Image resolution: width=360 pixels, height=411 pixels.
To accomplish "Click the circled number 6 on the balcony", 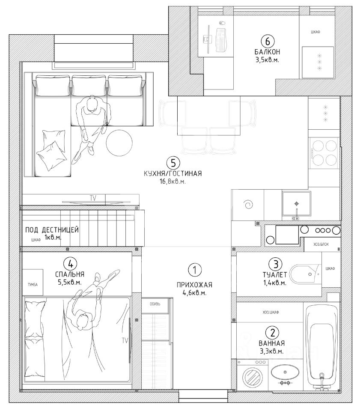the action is pyautogui.click(x=267, y=42).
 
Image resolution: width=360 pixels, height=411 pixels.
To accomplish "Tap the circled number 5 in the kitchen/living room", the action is pyautogui.click(x=173, y=163).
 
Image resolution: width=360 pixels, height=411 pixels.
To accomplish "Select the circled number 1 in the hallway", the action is pyautogui.click(x=194, y=270).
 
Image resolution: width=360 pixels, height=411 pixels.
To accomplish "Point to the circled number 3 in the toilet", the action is pyautogui.click(x=276, y=264).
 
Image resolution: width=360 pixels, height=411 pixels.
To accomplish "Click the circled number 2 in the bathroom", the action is pyautogui.click(x=272, y=333).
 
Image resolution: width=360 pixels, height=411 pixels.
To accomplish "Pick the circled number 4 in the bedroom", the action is pyautogui.click(x=70, y=264).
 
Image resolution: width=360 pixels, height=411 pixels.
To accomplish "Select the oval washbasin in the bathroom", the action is pyautogui.click(x=285, y=372).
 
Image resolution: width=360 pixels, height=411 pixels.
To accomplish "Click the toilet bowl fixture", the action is pyautogui.click(x=306, y=274).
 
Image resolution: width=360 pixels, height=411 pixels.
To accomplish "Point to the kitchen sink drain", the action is pyautogui.click(x=297, y=204).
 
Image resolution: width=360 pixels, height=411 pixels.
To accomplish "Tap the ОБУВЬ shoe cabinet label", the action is pyautogui.click(x=155, y=304).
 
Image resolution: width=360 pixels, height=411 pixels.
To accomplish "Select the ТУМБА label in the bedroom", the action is pyautogui.click(x=33, y=284).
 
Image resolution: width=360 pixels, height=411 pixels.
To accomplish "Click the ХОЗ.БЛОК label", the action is pyautogui.click(x=321, y=244).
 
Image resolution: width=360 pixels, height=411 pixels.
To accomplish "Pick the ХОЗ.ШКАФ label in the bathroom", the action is pyautogui.click(x=271, y=312).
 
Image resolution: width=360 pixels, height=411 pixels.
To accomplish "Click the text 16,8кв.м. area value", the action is pyautogui.click(x=173, y=182).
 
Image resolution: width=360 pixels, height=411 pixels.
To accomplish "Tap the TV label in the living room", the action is pyautogui.click(x=93, y=198).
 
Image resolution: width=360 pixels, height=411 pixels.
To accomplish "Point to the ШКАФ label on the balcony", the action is pyautogui.click(x=315, y=32).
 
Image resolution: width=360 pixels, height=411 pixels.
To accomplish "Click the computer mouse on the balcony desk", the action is pyautogui.click(x=221, y=23).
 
